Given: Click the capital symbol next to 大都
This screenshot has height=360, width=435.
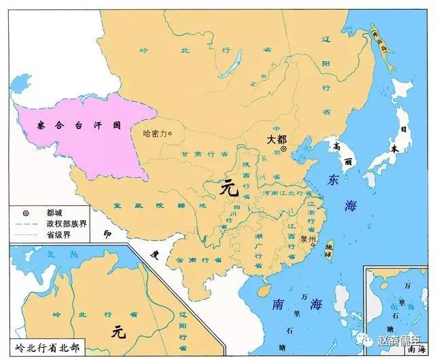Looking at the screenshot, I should [284, 148].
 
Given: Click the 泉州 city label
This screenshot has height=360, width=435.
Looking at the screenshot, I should [307, 239].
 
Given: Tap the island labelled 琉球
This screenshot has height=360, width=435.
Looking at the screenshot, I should [329, 249].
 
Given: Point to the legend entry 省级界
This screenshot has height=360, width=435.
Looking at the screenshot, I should [60, 235].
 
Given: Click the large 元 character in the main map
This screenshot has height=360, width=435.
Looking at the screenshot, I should [229, 190].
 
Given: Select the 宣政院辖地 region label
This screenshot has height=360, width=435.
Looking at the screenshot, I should [160, 205].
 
